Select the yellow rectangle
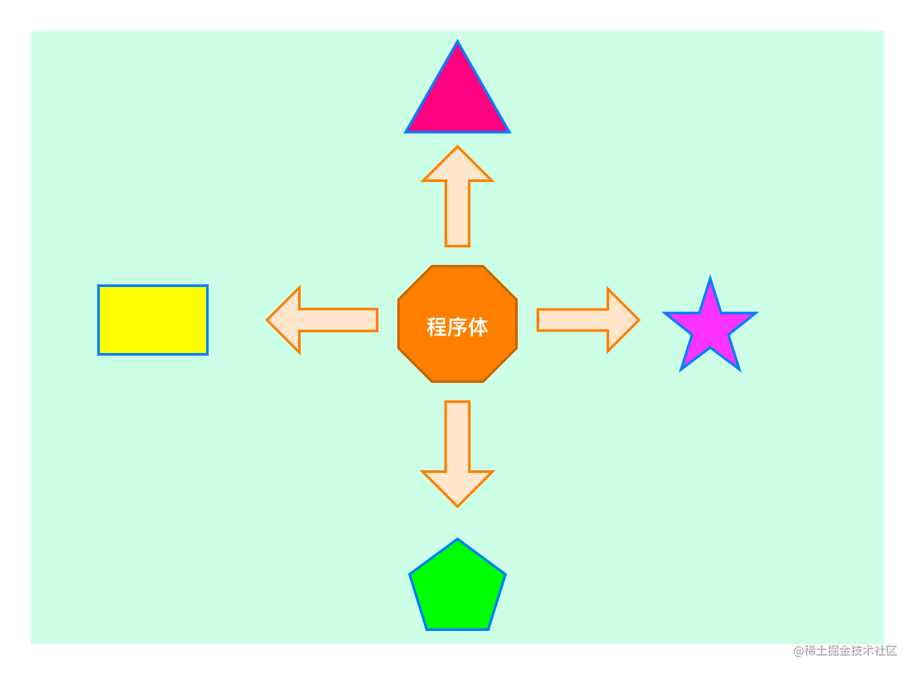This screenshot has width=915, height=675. [153, 320]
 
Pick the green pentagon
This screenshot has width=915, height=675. [457, 589]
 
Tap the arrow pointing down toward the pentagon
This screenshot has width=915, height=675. [457, 453]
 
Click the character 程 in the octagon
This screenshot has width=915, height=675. [437, 327]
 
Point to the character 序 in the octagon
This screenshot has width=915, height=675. [457, 327]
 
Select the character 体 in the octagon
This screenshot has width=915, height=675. [478, 327]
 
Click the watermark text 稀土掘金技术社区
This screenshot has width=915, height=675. [850, 650]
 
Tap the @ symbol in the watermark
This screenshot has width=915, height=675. [797, 650]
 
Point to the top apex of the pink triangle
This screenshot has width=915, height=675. [457, 43]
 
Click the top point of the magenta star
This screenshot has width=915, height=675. [710, 279]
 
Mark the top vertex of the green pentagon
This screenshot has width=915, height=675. [457, 540]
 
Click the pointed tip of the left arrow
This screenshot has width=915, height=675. [268, 320]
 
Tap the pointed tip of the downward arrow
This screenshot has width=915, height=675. [457, 505]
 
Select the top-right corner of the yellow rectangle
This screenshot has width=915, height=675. [207, 286]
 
